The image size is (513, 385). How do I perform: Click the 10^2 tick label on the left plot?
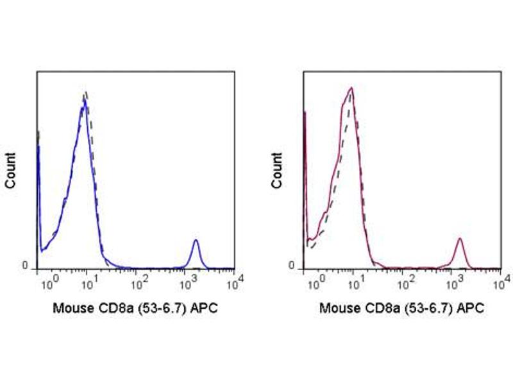138,280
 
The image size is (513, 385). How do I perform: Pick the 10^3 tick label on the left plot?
188,280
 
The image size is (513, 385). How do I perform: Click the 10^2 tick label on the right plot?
404,280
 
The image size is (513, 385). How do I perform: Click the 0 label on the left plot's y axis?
25,266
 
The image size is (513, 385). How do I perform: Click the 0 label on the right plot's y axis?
291,266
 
